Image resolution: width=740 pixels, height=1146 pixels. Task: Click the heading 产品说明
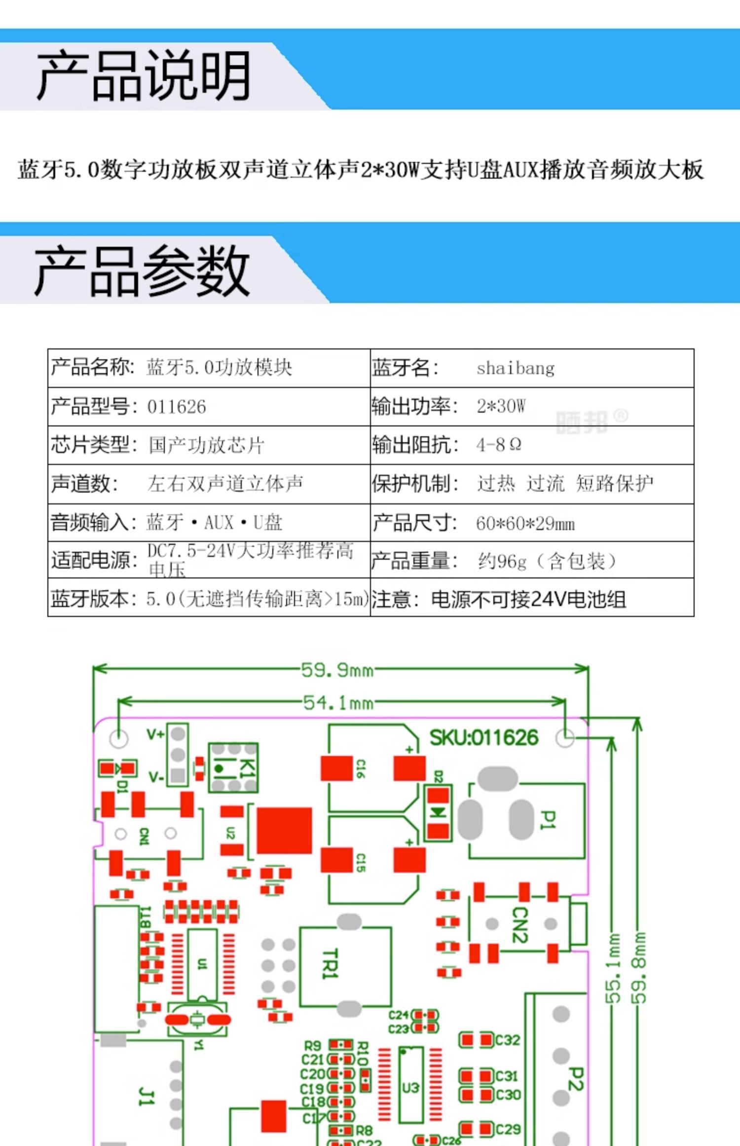coord(143,76)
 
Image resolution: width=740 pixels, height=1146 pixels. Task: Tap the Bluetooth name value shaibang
coord(516,368)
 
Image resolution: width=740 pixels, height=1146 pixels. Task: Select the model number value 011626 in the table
coord(176,407)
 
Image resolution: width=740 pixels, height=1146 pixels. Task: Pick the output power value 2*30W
coord(501,406)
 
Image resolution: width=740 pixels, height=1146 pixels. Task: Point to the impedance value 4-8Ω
coord(499,445)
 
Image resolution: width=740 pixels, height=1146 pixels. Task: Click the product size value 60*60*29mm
coord(525,523)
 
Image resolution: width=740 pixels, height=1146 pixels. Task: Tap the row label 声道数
coord(84,484)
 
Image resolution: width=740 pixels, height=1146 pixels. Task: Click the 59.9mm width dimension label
coord(337,670)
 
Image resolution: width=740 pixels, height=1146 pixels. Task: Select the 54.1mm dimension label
coord(338,702)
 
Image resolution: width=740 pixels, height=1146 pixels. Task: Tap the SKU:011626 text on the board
coord(483,738)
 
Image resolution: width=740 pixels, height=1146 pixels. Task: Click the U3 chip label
coord(410,1087)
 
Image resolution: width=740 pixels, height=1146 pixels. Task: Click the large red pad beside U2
coord(284,831)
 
